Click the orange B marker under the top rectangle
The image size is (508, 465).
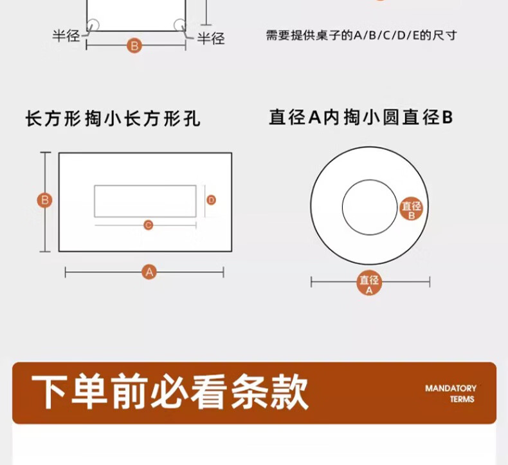pos(134,46)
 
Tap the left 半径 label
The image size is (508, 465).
pos(66,35)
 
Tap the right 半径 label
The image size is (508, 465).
pos(211,38)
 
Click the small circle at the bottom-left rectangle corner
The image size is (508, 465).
pos(93,25)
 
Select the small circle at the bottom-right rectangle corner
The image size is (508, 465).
pos(179,25)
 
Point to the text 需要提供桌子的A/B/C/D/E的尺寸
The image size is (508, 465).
pos(361,35)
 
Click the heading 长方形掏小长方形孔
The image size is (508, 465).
pos(113,118)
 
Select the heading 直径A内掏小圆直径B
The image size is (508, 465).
pos(361,117)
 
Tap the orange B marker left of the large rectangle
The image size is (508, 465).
pos(45,200)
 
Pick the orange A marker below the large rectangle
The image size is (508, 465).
pos(149,272)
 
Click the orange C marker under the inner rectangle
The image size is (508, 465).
pos(149,225)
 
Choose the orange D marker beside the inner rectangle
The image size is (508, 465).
pos(211,200)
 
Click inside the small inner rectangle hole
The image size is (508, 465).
pos(145,201)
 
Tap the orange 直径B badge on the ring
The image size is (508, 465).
pos(412,209)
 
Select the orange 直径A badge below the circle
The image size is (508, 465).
pos(369,283)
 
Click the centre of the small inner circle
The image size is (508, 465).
pos(370,207)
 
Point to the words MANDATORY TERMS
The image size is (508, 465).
pos(451,394)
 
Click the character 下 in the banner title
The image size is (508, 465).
pos(50,392)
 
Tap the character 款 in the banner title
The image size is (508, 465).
pos(289,392)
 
